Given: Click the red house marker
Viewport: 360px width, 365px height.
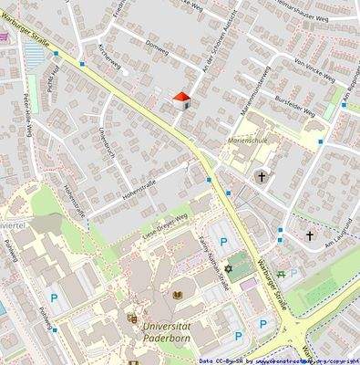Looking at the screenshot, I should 181,99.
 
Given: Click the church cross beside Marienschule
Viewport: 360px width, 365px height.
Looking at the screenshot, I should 262,176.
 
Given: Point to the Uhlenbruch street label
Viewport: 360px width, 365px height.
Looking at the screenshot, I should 105,141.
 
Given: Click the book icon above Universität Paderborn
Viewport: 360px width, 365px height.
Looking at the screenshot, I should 178,295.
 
